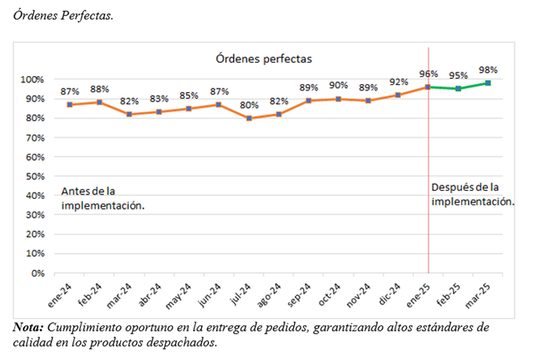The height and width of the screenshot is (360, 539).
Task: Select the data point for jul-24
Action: [x=249, y=119]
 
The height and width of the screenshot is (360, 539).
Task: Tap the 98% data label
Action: [x=488, y=70]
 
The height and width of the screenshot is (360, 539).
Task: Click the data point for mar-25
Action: [x=488, y=83]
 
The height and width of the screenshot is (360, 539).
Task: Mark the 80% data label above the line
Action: [x=249, y=105]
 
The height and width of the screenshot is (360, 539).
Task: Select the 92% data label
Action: [x=398, y=82]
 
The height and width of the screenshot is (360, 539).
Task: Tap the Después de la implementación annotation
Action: [x=473, y=193]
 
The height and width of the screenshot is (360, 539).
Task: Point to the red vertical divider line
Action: [x=428, y=197]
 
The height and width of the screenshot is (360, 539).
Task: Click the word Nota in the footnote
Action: [x=28, y=326]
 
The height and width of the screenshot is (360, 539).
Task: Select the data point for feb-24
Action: [x=100, y=102]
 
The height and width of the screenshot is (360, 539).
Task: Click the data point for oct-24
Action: [x=339, y=99]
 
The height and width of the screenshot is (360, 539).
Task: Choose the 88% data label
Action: [x=100, y=89]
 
